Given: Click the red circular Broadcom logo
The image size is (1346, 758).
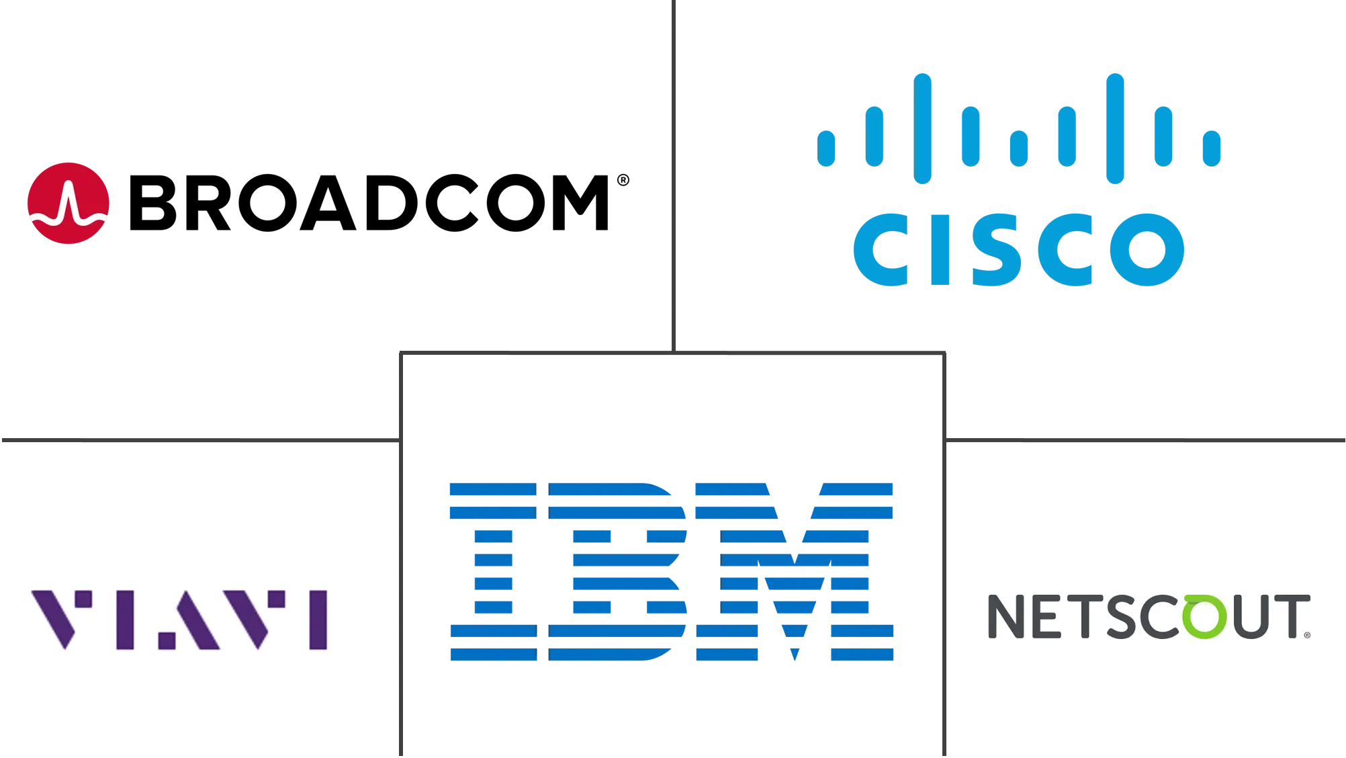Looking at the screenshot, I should (x=69, y=202).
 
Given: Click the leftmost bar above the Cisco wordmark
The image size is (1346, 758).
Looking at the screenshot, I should (x=827, y=147).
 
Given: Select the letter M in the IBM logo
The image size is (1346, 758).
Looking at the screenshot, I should (x=795, y=569).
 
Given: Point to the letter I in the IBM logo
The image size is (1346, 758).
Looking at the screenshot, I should (x=492, y=569).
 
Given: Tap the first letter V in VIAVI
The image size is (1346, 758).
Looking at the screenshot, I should (x=62, y=620).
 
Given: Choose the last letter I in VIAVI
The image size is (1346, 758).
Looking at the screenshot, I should (x=318, y=620).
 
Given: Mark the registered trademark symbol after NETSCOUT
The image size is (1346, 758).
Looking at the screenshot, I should (x=1307, y=634).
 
